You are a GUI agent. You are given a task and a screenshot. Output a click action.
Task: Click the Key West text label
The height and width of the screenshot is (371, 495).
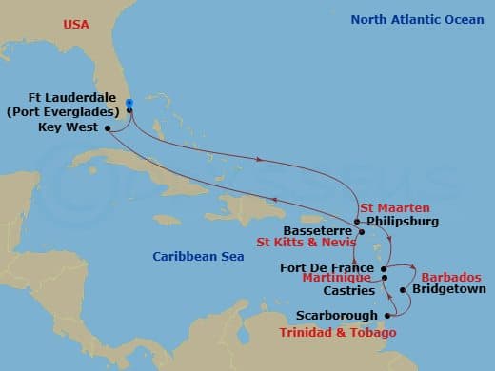click(69, 127)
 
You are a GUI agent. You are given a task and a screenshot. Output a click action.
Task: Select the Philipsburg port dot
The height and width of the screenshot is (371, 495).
click(357, 222)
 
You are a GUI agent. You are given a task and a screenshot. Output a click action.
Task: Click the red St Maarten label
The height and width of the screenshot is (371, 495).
click(394, 207)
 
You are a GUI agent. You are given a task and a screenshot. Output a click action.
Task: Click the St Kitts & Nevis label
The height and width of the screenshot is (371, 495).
click(301, 243)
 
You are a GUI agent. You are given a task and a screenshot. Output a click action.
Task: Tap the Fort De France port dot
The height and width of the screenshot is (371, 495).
click(384, 269)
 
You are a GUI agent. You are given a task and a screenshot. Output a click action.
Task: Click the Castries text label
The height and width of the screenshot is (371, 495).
click(349, 290)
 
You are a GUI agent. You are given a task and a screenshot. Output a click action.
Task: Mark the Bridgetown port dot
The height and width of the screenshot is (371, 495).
click(404, 289)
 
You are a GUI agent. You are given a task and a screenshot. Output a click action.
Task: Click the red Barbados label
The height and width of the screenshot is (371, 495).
click(451, 276)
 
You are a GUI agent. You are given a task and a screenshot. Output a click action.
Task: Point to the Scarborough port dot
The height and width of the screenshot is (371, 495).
click(387, 315)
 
